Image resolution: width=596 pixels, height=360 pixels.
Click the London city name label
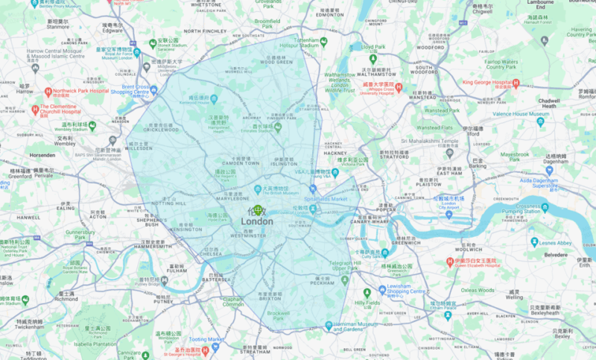tap(256, 221)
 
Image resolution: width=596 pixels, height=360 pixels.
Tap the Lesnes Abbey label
tap(556, 242)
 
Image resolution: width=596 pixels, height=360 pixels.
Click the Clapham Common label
tap(233, 302)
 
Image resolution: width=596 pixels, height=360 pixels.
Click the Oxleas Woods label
tap(477, 290)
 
